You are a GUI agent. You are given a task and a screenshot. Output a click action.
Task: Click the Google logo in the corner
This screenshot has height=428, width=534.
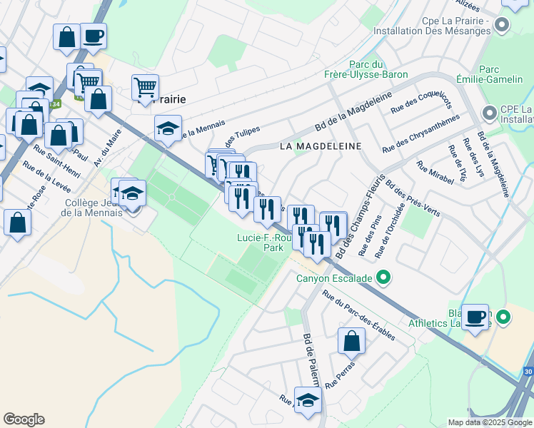click(24, 419)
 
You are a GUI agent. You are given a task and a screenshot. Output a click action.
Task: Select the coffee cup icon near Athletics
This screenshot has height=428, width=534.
click(475, 317)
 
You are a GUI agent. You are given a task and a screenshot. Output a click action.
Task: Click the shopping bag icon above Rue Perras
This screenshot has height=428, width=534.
click(351, 340)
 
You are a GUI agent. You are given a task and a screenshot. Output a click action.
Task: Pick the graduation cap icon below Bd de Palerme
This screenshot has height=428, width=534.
click(308, 400)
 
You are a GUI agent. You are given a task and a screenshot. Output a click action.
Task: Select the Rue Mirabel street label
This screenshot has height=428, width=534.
click(435, 173)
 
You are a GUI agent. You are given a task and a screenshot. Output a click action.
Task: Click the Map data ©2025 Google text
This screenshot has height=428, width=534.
click(489, 422)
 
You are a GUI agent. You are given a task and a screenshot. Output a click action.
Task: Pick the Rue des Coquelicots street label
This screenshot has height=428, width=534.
click(421, 104)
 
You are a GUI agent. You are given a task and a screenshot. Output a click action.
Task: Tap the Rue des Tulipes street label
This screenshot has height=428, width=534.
click(239, 133)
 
